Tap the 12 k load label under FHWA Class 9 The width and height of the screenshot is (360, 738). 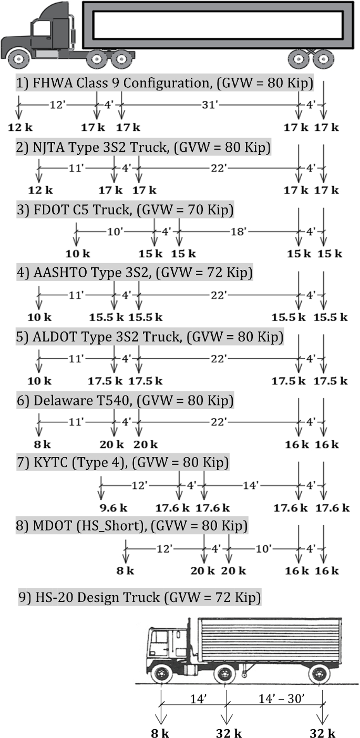pyautogui.click(x=18, y=127)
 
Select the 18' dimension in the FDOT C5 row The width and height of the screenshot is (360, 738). pyautogui.click(x=238, y=232)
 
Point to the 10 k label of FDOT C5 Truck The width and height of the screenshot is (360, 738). pyautogui.click(x=77, y=254)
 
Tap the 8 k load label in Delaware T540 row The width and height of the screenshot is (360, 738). pyautogui.click(x=40, y=444)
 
